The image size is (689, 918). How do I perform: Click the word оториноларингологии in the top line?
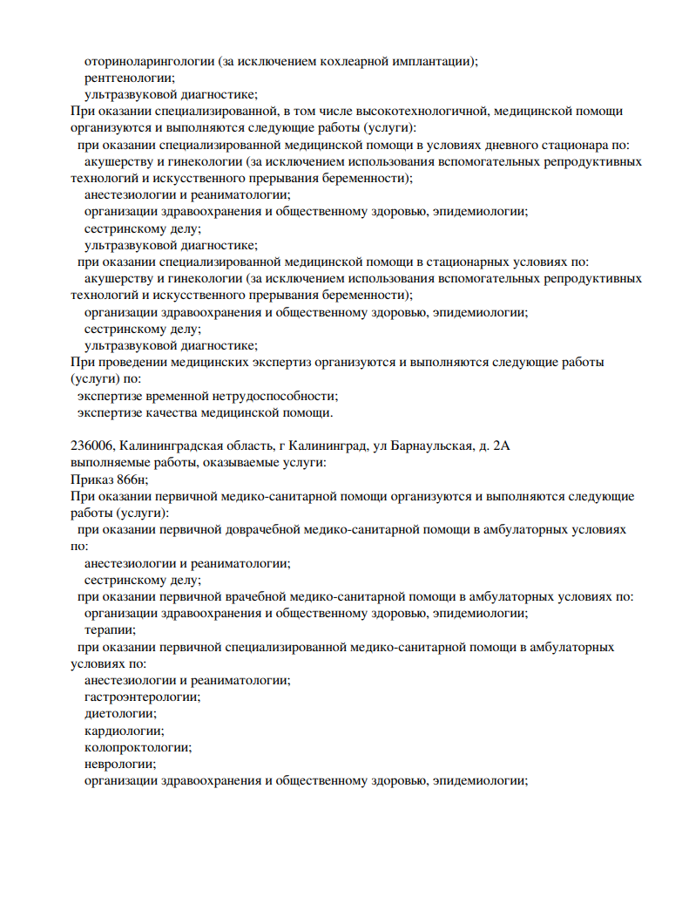[149, 61]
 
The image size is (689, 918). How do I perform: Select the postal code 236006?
[91, 446]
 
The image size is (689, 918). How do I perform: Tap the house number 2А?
[501, 446]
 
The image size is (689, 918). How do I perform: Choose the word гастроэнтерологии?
[142, 697]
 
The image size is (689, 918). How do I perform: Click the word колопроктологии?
[137, 747]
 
